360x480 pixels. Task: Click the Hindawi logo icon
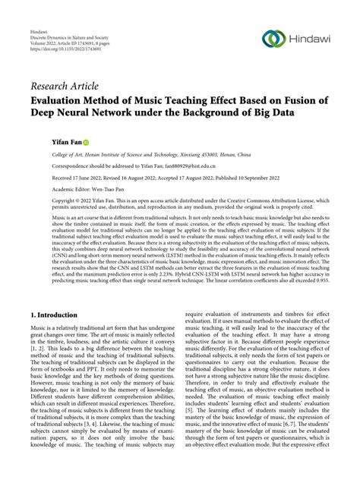pyautogui.click(x=273, y=38)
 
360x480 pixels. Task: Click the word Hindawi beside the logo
pyautogui.click(x=311, y=39)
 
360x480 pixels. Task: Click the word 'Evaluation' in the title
pyautogui.click(x=63, y=100)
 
